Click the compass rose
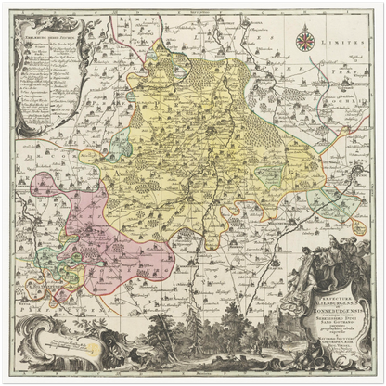[305, 41]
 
